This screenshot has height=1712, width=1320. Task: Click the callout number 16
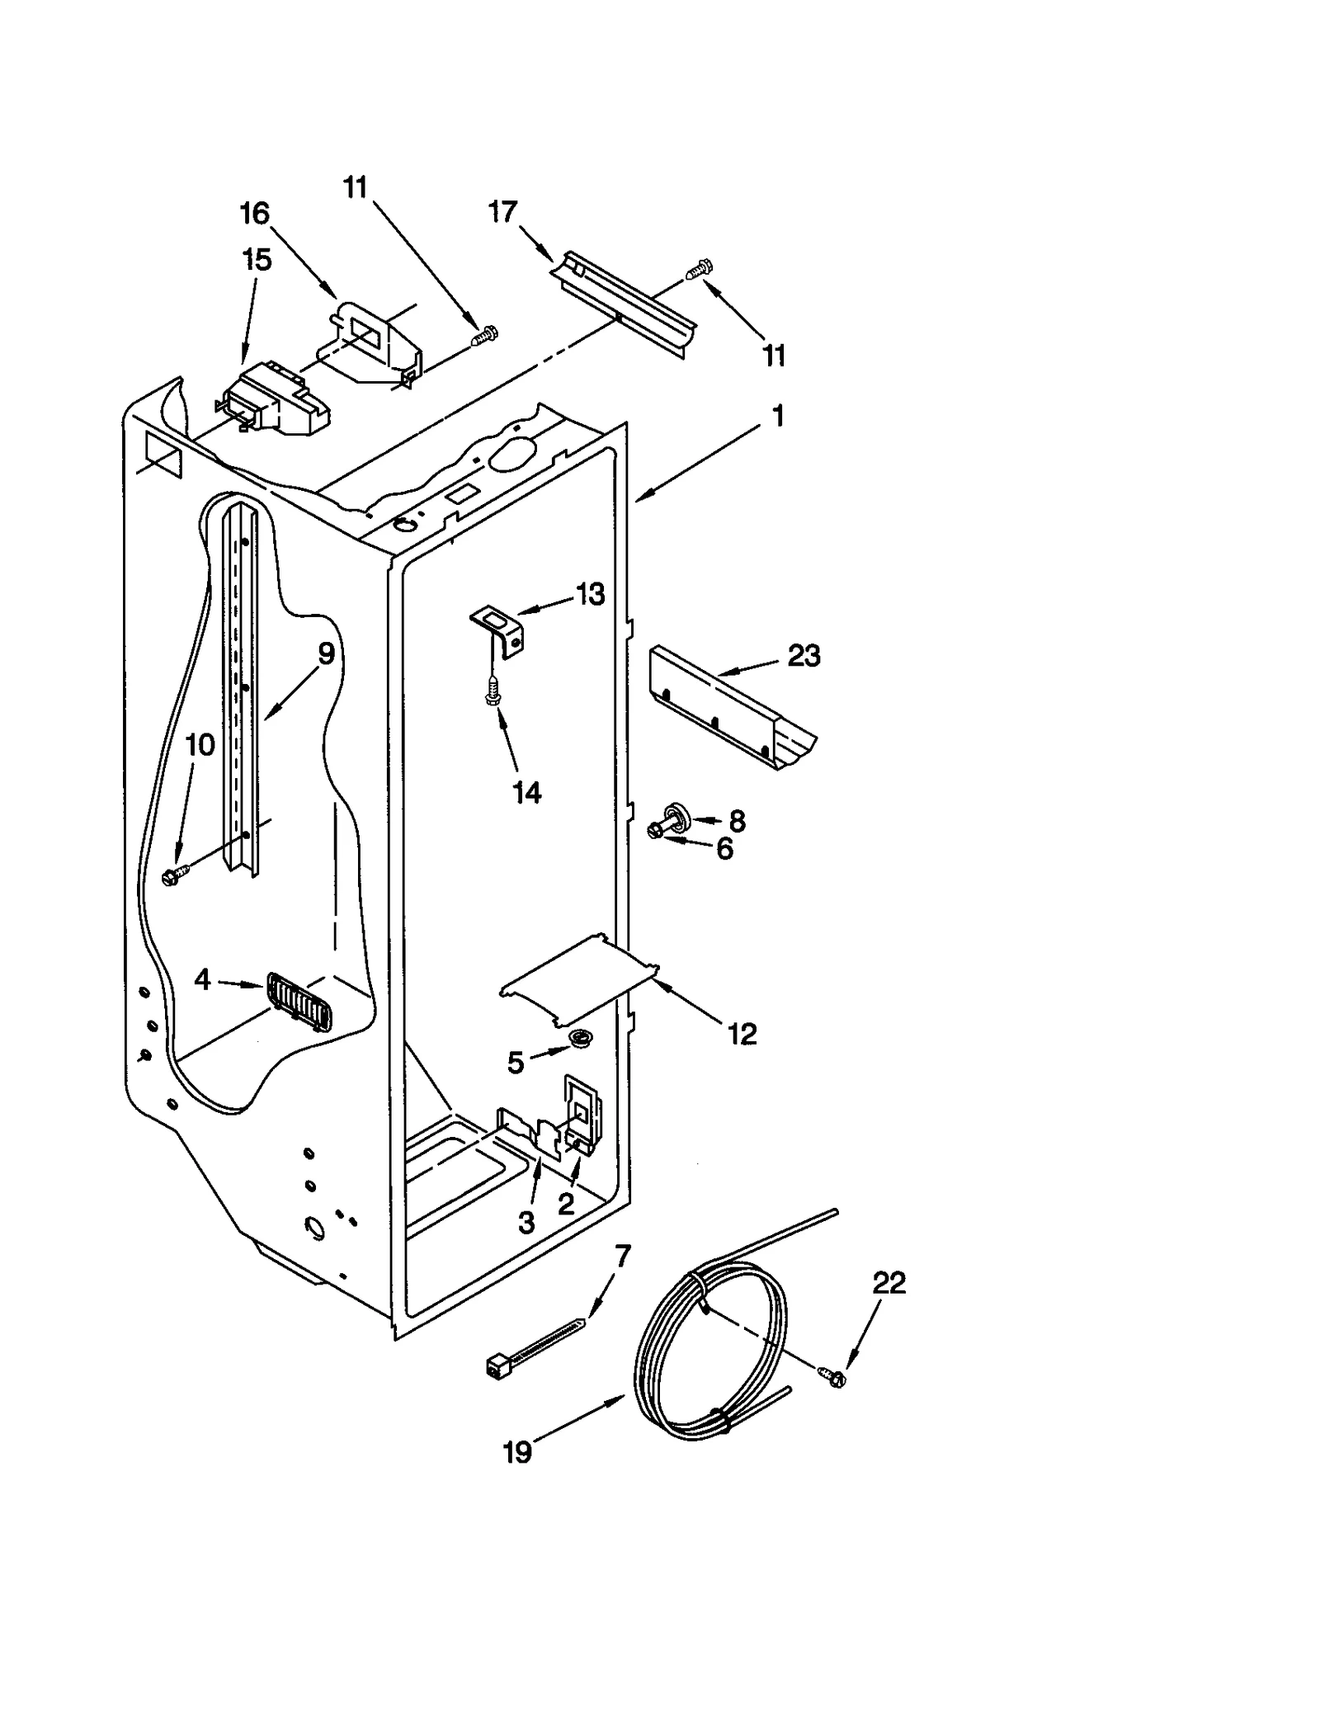click(x=254, y=214)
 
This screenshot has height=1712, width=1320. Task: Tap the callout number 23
click(x=804, y=656)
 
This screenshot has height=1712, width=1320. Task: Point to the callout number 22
click(x=889, y=1283)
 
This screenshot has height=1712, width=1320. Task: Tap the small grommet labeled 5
click(x=581, y=1039)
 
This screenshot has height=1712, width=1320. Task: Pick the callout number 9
click(x=327, y=653)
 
